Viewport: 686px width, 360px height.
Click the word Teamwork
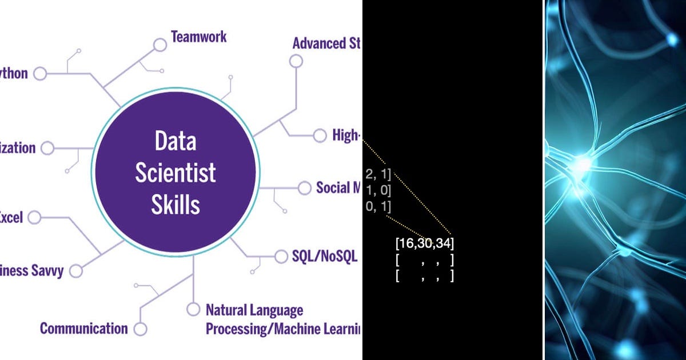pyautogui.click(x=198, y=37)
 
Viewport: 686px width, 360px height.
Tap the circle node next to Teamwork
pyautogui.click(x=159, y=44)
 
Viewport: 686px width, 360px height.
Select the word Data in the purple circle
pyautogui.click(x=176, y=141)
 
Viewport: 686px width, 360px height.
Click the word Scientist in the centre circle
pyautogui.click(x=176, y=173)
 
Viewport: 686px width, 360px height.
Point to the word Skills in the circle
pyautogui.click(x=176, y=205)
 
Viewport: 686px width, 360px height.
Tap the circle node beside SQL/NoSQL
pyautogui.click(x=281, y=257)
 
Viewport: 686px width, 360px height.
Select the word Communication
pyautogui.click(x=83, y=329)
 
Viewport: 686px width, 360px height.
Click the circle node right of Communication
pyautogui.click(x=140, y=329)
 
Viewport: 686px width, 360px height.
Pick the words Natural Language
pyautogui.click(x=254, y=310)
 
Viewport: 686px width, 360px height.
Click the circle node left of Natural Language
pyautogui.click(x=193, y=310)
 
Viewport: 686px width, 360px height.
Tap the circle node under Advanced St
pyautogui.click(x=296, y=61)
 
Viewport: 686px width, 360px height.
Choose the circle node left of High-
pyautogui.click(x=320, y=135)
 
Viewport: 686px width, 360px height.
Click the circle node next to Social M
pyautogui.click(x=304, y=187)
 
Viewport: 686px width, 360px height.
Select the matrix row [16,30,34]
pyautogui.click(x=424, y=244)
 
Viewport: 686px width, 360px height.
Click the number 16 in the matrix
pyautogui.click(x=406, y=244)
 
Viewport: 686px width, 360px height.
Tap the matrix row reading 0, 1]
pyautogui.click(x=378, y=207)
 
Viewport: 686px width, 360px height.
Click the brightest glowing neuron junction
pyautogui.click(x=581, y=164)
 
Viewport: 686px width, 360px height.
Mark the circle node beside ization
pyautogui.click(x=47, y=148)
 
